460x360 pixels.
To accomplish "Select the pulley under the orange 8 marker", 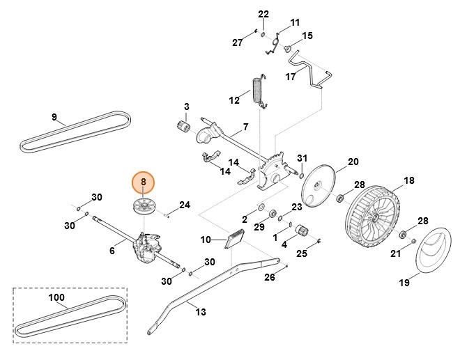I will point(144,207).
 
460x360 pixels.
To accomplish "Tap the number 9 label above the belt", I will point(54,116).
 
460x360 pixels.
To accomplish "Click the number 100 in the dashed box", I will point(56,298).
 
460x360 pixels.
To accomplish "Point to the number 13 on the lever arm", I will point(201,312).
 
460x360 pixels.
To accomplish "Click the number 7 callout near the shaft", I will point(245,128).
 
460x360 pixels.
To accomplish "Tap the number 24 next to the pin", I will point(184,205).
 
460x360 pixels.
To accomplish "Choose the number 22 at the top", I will point(243,14).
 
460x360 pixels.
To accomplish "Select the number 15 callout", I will point(307,36).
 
